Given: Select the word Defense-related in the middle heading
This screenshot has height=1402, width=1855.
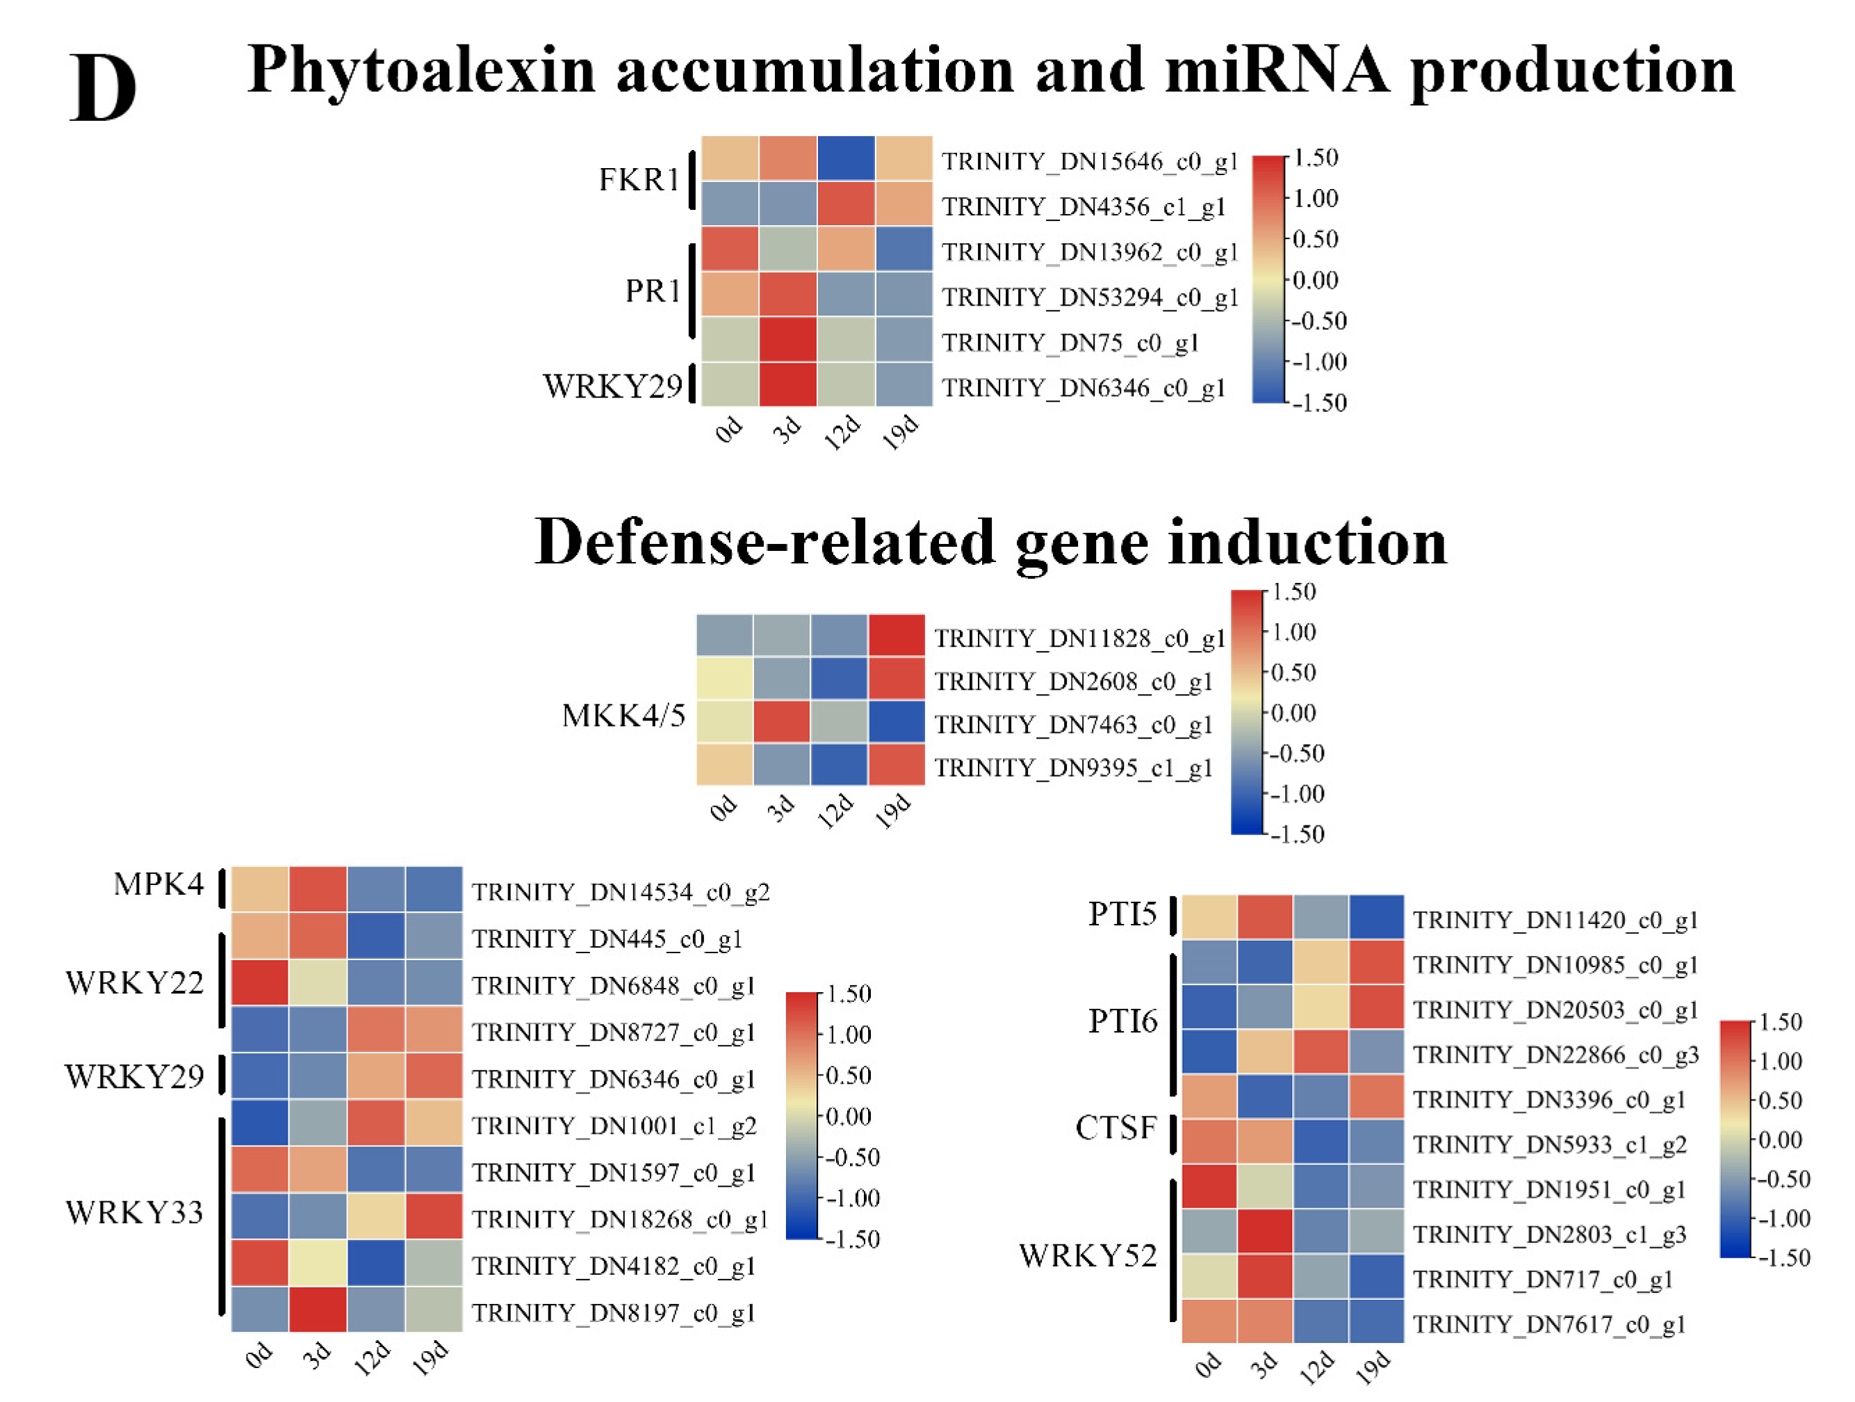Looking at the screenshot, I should pos(763,543).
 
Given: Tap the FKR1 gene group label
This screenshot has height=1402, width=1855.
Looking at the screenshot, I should pos(638,179).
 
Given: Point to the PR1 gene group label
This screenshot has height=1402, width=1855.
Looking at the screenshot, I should pos(652,291).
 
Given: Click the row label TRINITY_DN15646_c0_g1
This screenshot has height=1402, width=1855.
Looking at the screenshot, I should pos(1088,161).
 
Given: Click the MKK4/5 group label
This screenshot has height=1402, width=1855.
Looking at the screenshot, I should pos(623,716).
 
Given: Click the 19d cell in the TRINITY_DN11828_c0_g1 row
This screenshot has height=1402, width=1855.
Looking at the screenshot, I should pos(897,636).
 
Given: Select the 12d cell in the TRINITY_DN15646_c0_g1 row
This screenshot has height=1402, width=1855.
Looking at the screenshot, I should pos(845,158).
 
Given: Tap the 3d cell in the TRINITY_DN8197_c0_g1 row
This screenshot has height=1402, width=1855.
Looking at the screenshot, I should pos(318,1309).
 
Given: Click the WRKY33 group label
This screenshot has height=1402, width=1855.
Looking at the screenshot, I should pos(134,1212).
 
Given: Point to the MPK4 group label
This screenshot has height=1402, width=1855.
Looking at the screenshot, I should pos(158,884).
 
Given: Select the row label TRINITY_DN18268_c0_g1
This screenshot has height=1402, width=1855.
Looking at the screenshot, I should pos(619,1219).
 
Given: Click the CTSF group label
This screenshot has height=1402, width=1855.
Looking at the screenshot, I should pos(1116,1128).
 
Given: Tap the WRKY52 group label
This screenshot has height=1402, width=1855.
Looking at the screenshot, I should pos(1088,1255).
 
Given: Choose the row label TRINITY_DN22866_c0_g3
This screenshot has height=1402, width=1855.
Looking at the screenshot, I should pos(1555,1055).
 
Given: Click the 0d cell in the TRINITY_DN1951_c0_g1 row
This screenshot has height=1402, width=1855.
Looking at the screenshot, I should pos(1209,1187).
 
